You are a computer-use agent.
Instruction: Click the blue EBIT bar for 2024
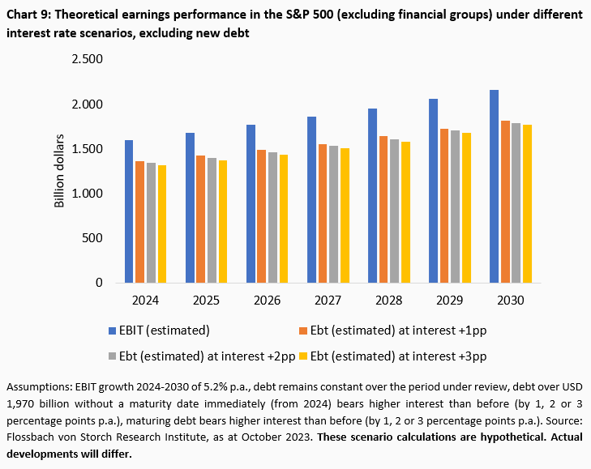coord(129,211)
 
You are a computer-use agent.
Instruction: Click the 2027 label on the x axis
coord(328,301)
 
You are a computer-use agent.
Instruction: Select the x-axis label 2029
coord(449,301)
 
